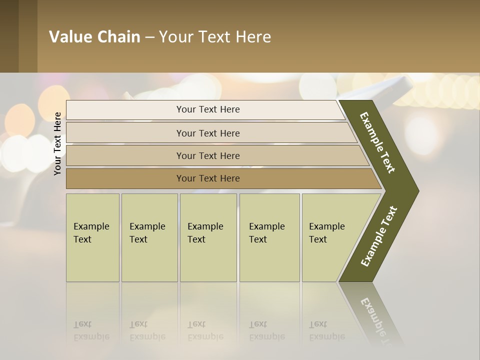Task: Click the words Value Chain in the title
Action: (94, 37)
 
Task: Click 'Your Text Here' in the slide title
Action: (215, 37)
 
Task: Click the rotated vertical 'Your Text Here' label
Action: (57, 143)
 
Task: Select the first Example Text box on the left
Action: (92, 237)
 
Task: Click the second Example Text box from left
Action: (149, 237)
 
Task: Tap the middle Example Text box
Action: (208, 237)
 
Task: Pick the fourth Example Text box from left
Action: (269, 237)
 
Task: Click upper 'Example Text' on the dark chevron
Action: (377, 142)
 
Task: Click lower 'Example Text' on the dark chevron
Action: (378, 236)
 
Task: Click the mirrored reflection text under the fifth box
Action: (326, 330)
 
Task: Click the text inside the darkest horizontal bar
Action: (208, 178)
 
